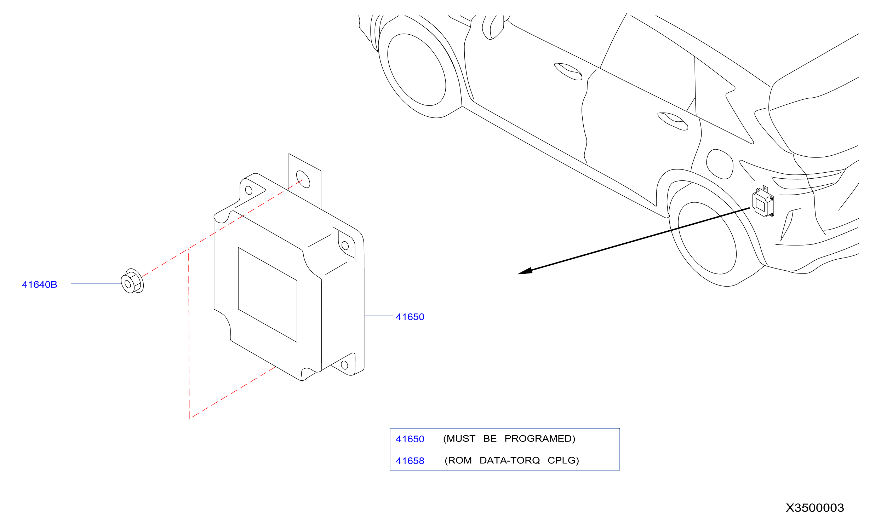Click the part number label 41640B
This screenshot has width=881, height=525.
pos(40,284)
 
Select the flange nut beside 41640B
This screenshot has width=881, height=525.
pos(132,281)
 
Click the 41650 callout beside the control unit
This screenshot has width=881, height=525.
pos(410,317)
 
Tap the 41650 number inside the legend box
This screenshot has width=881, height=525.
pos(410,439)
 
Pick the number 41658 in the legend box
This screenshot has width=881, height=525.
pos(410,461)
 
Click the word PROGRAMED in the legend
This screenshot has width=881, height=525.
pos(540,439)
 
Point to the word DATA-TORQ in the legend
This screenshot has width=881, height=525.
pos(510,460)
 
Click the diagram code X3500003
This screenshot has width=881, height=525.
pos(815,508)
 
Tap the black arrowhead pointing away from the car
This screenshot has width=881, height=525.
pos(525,271)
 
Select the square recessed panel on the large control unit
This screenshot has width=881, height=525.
pos(268,295)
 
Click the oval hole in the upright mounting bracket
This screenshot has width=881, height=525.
pos(303,179)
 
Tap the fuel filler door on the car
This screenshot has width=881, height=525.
pos(720,164)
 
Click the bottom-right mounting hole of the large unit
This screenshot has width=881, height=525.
pos(344,365)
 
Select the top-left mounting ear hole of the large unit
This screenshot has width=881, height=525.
pos(248,190)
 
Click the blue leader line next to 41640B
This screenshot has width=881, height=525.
pos(96,283)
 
